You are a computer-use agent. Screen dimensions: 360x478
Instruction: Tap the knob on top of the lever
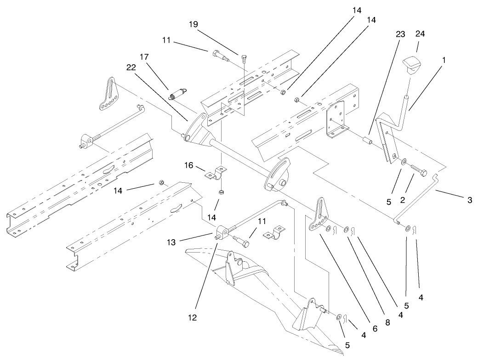click(x=411, y=63)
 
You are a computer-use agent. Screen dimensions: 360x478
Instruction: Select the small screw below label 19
click(x=244, y=58)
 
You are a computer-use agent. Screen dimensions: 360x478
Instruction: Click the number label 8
click(x=387, y=322)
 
